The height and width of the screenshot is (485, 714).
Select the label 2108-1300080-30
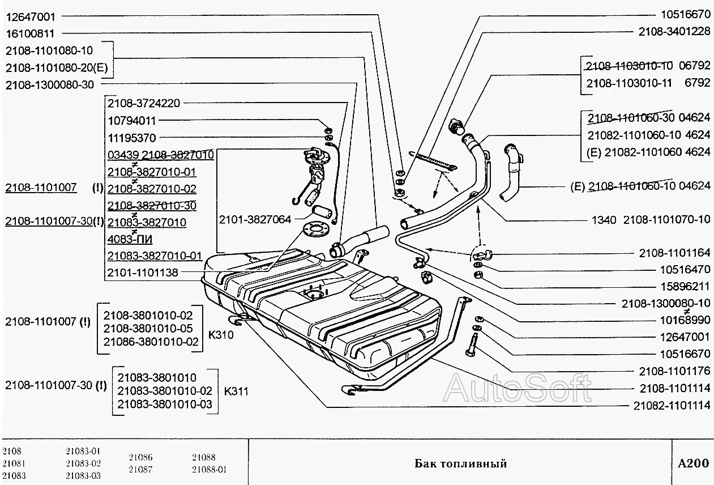tap(49, 84)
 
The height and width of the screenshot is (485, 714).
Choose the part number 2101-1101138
tap(143, 273)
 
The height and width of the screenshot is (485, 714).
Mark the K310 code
tap(221, 334)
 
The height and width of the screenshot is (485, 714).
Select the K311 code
tap(237, 391)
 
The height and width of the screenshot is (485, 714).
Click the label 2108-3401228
tap(674, 32)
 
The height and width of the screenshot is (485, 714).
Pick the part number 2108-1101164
tap(674, 253)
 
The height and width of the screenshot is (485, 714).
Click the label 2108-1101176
tap(674, 371)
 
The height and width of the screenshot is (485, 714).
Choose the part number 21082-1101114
tap(671, 406)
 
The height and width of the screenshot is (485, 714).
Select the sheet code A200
tap(693, 463)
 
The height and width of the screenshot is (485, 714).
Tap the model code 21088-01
tap(209, 469)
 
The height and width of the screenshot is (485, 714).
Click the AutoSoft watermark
tap(518, 388)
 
